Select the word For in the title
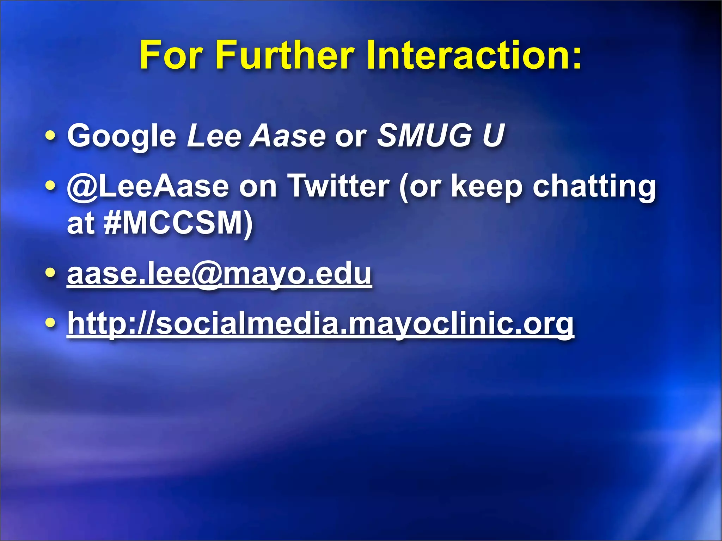point(171,55)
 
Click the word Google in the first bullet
point(122,136)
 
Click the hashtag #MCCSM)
point(178,223)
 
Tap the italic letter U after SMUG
point(494,135)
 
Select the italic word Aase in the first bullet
point(288,135)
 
